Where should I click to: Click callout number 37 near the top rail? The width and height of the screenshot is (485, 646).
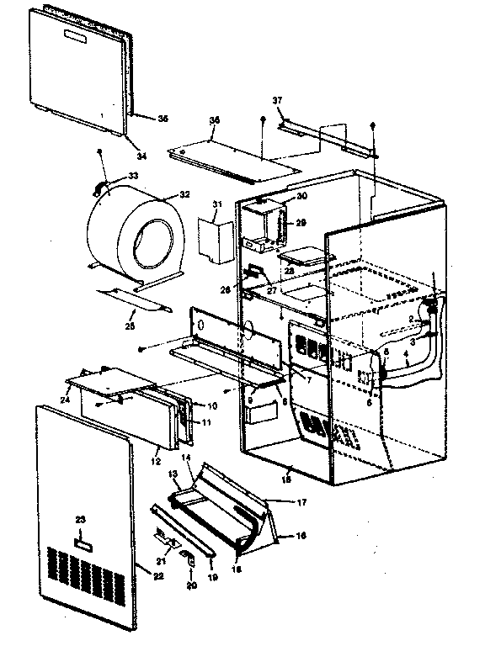click(x=277, y=100)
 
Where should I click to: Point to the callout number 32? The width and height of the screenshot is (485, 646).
click(x=184, y=194)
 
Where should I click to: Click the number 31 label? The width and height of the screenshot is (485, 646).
click(x=216, y=205)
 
